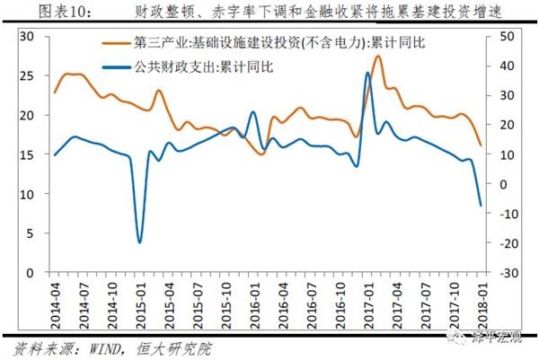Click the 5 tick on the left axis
click(x=31, y=233)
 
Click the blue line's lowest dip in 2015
click(x=139, y=241)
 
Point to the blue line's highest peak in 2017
click(x=368, y=74)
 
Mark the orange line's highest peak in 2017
click(x=377, y=57)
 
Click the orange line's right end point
click(x=481, y=145)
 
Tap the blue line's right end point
click(x=481, y=206)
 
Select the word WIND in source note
click(x=101, y=346)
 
